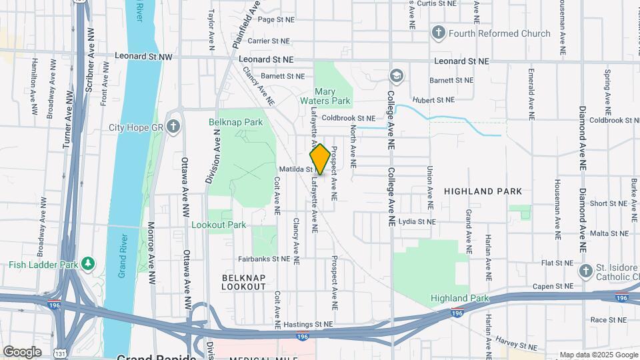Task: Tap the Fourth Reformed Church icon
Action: tap(438, 33)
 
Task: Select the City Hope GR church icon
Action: tap(173, 127)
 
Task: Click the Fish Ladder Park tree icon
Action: tap(87, 264)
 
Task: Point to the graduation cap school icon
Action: tap(396, 77)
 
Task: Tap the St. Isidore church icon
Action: tap(585, 271)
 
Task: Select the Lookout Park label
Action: tap(219, 225)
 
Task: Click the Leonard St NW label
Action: tap(143, 58)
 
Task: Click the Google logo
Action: tap(22, 351)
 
